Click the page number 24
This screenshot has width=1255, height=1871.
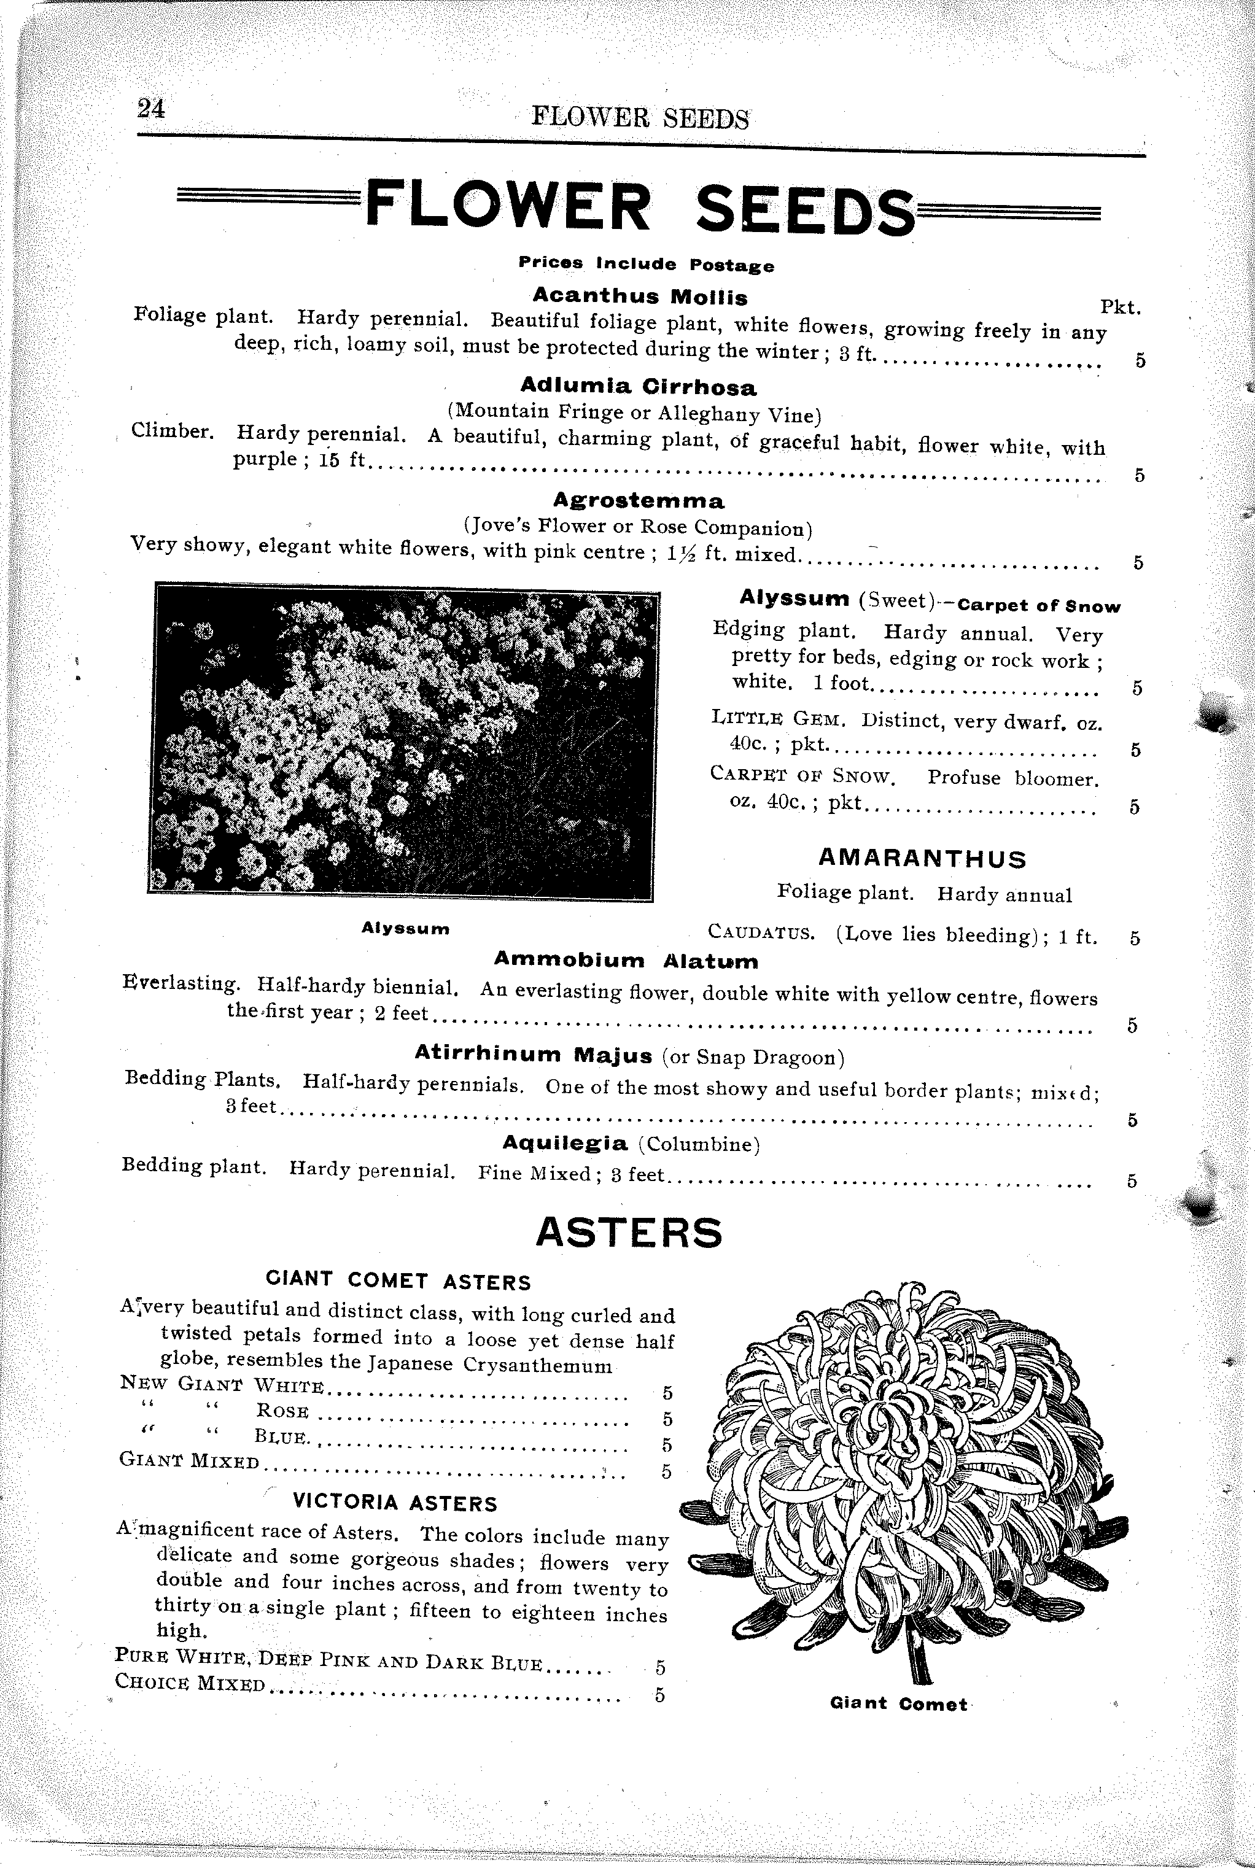tap(150, 108)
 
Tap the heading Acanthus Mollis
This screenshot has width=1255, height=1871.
tap(640, 297)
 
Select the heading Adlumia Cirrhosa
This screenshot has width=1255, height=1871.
tap(638, 388)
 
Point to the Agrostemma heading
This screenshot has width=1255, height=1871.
tap(639, 501)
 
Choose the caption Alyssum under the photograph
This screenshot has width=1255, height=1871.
tap(405, 928)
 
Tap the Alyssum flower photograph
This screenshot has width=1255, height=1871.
tap(403, 741)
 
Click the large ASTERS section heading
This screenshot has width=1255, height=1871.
tap(628, 1233)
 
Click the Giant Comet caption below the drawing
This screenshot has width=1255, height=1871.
tap(899, 1704)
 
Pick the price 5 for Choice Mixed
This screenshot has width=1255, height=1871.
tap(660, 1695)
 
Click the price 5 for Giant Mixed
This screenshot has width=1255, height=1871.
tap(666, 1471)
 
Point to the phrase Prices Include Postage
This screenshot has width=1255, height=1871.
tap(646, 264)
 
